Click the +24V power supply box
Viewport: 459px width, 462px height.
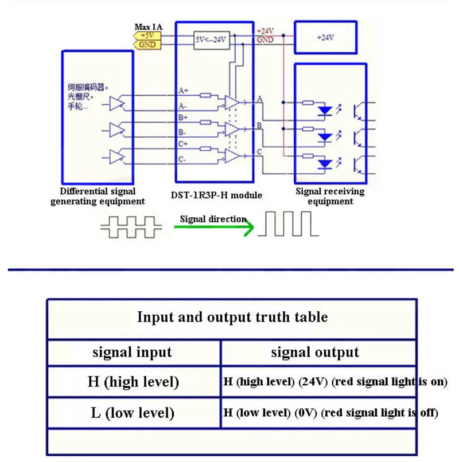point(325,37)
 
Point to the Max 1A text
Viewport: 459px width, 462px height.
point(148,26)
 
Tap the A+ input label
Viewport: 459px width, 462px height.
point(183,91)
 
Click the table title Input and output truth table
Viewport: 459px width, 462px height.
point(232,316)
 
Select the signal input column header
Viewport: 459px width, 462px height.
point(133,352)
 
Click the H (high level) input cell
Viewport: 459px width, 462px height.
point(133,381)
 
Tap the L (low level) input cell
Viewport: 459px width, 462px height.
point(133,412)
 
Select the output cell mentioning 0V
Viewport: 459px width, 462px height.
point(330,412)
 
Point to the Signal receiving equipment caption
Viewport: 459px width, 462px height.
point(329,196)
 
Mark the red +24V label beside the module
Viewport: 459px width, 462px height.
point(265,31)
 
